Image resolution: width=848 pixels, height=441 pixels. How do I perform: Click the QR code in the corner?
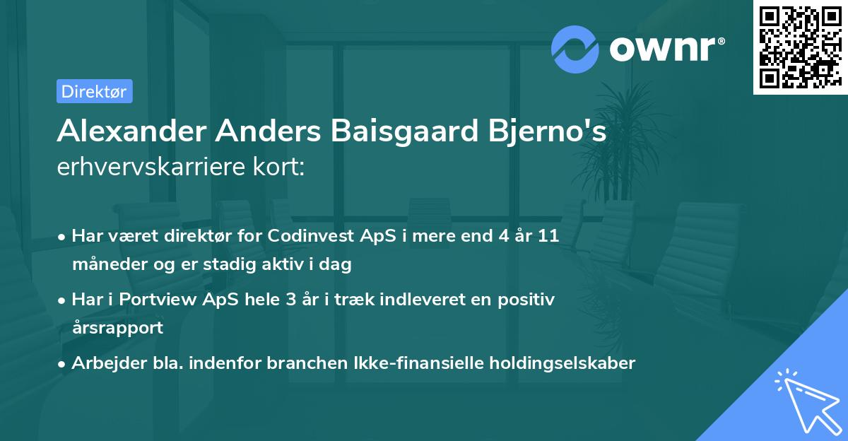click(800, 47)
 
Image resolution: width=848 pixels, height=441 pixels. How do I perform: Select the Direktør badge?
click(94, 91)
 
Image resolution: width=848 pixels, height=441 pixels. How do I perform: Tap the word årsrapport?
click(117, 327)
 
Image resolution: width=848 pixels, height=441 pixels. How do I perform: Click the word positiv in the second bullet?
click(529, 299)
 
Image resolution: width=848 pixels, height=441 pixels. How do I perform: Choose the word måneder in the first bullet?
click(107, 264)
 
